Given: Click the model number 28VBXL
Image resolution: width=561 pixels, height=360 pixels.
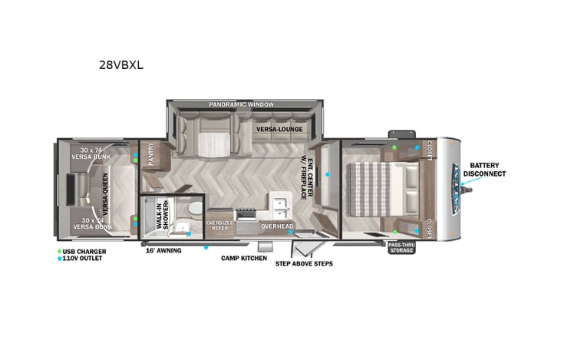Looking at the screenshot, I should point(121,65).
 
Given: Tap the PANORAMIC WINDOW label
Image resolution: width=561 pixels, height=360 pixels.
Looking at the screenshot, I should point(242,104).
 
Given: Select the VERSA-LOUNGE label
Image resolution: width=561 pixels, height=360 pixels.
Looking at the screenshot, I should point(278,130).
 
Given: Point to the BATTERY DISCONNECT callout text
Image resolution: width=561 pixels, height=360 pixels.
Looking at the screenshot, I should point(488,169).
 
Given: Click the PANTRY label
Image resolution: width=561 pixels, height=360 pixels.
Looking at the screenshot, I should point(151,158).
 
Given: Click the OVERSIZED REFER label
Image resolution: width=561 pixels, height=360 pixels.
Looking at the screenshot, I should point(220,224).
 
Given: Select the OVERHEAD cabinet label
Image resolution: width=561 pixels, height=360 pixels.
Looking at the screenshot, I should point(276,226).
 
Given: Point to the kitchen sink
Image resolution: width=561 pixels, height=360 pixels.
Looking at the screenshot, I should point(279,206).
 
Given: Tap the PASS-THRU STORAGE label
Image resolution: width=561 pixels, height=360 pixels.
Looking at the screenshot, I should point(402,246).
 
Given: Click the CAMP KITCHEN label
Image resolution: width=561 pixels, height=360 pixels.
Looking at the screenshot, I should point(244,259).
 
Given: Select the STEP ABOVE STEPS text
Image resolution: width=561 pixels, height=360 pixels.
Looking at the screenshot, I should point(304,263).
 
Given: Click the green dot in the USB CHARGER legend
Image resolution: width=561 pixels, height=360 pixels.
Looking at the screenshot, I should point(60,251).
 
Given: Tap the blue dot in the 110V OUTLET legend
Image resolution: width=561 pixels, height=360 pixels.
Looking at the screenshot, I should point(60,259).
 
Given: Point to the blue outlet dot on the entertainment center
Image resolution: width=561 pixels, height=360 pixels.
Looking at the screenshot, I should point(328,175).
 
